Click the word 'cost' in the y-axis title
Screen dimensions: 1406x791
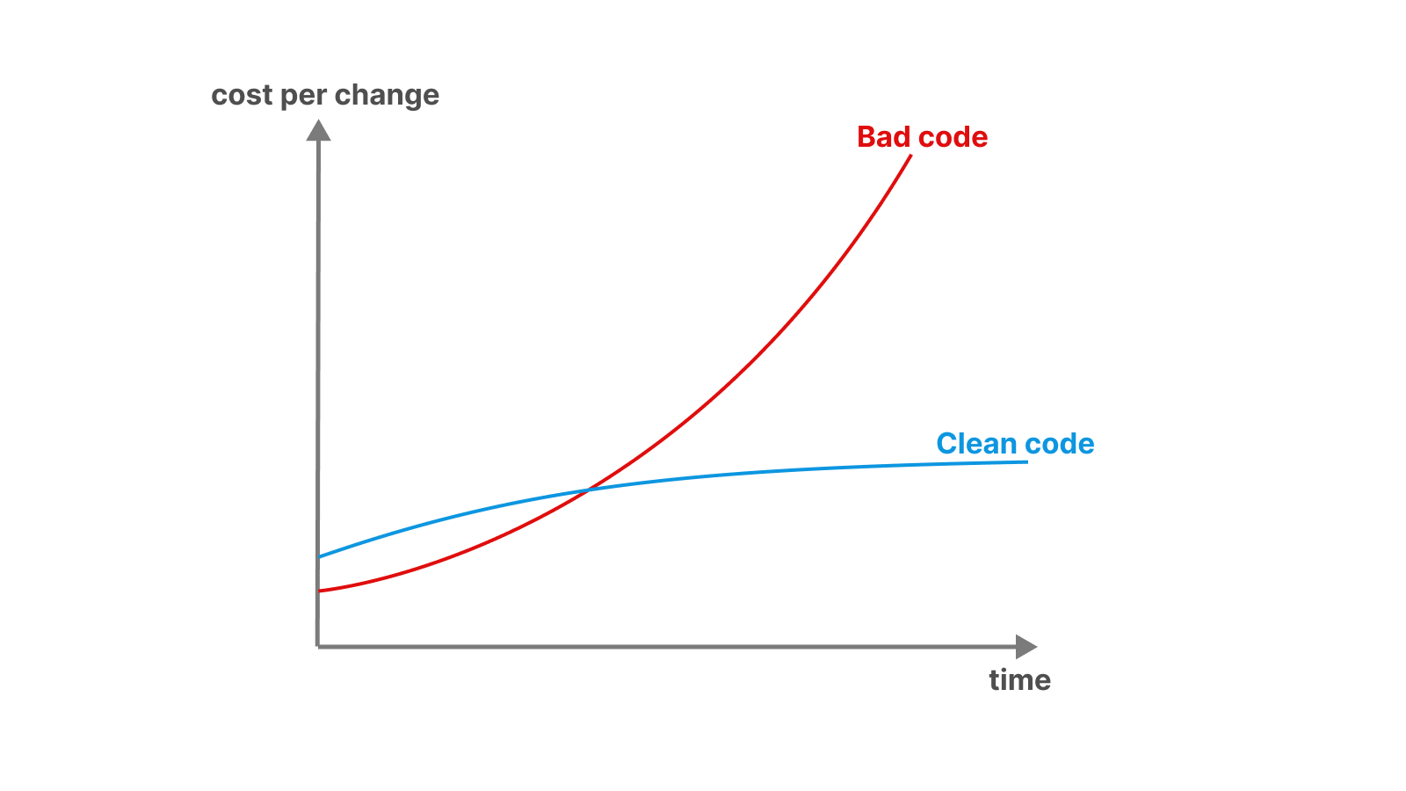pos(242,96)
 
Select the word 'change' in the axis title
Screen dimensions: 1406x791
pos(387,97)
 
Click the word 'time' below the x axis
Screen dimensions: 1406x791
pos(1020,680)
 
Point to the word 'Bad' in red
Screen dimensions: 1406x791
pos(884,137)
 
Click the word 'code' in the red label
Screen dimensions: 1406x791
pos(953,137)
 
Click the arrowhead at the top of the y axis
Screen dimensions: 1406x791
pos(318,130)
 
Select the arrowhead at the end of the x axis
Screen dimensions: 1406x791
pos(1026,647)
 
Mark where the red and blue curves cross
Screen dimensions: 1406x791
pos(588,490)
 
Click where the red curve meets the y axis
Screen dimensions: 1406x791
pos(320,591)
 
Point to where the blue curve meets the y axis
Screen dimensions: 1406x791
pos(320,557)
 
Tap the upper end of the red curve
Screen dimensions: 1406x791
pos(910,155)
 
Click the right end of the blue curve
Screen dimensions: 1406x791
pos(1027,462)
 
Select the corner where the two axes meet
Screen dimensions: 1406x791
pos(317,646)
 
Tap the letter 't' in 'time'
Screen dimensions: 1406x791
pos(994,680)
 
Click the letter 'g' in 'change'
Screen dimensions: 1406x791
pos(409,99)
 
